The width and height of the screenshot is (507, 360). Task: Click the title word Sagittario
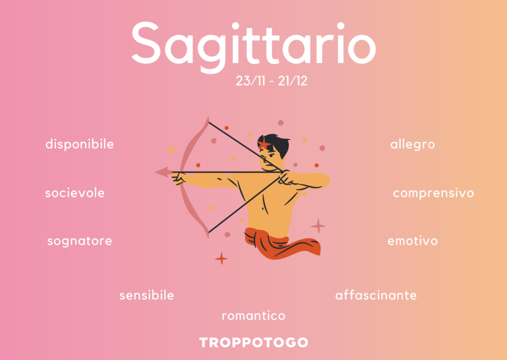253,45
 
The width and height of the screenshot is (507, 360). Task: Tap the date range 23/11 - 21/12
272,81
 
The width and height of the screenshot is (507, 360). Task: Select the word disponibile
80,144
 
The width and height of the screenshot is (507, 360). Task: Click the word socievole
75,193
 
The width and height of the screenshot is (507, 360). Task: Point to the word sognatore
80,241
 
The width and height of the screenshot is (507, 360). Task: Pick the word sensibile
147,295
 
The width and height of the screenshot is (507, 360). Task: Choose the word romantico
253,316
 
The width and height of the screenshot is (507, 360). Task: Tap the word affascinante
376,295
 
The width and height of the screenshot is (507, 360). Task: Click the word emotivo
412,241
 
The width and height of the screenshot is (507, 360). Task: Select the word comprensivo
433,194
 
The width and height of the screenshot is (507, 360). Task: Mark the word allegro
412,144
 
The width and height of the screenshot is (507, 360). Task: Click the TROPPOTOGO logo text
253,343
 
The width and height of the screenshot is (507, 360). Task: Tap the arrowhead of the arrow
163,172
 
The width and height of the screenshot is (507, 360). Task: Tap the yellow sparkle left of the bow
171,150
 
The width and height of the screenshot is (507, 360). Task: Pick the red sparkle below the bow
221,258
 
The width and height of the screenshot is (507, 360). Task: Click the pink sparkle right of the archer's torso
318,226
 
